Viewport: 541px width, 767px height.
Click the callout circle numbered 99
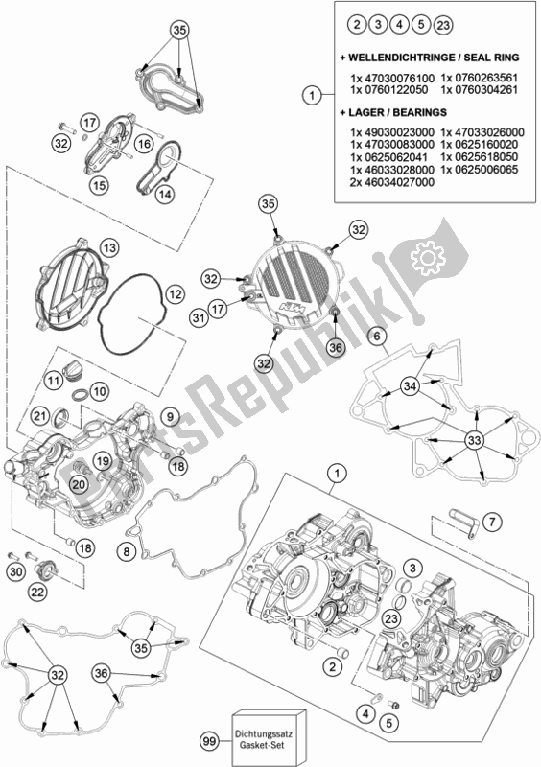[x=209, y=741]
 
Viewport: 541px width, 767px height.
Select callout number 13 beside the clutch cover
[x=109, y=248]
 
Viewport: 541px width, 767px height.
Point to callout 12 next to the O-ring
[x=176, y=294]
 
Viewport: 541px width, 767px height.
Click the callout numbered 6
[x=377, y=337]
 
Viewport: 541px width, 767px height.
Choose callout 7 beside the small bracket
[x=492, y=522]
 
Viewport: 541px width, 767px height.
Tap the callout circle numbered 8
[x=127, y=552]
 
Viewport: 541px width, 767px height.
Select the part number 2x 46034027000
[x=392, y=182]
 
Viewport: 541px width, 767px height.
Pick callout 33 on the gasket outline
[x=474, y=440]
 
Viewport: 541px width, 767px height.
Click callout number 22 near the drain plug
[x=37, y=592]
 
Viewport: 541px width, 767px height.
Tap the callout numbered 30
[x=16, y=571]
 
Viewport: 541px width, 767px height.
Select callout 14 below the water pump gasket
[x=165, y=195]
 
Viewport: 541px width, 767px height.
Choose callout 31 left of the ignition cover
[x=199, y=318]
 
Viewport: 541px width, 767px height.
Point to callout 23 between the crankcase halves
[x=391, y=618]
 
